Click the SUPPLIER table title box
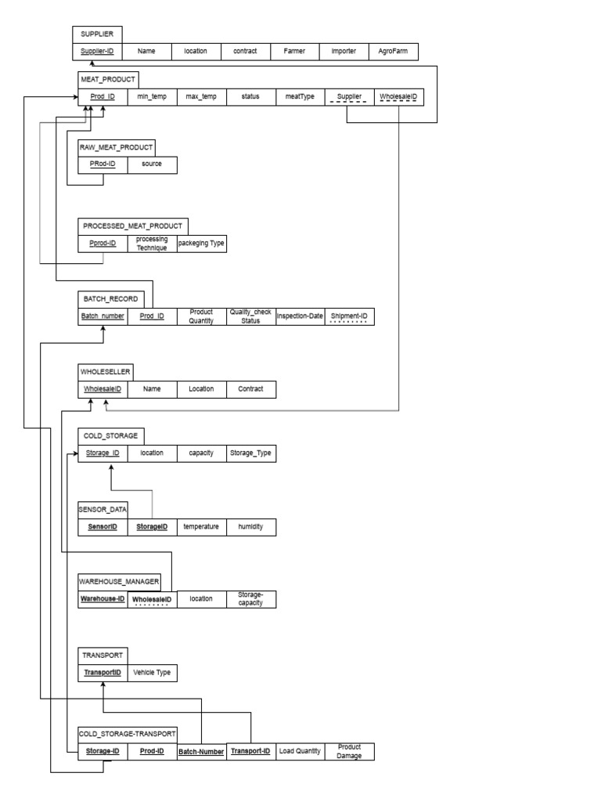tap(97, 34)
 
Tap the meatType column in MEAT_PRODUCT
tap(300, 96)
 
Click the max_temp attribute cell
tap(201, 96)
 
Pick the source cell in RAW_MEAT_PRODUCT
tap(152, 164)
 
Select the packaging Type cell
tap(201, 244)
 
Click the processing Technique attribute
tap(152, 244)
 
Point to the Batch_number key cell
tap(103, 317)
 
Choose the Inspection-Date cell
tap(300, 317)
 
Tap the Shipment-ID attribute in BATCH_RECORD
tap(349, 317)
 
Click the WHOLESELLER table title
tap(106, 371)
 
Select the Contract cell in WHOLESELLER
tap(250, 388)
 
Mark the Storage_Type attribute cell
tap(250, 453)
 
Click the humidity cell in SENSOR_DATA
tap(250, 527)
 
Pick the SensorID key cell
tap(103, 527)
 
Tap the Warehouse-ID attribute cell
tap(103, 599)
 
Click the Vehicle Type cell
tap(152, 673)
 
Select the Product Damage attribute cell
tap(349, 751)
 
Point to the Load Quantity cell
tap(300, 751)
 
